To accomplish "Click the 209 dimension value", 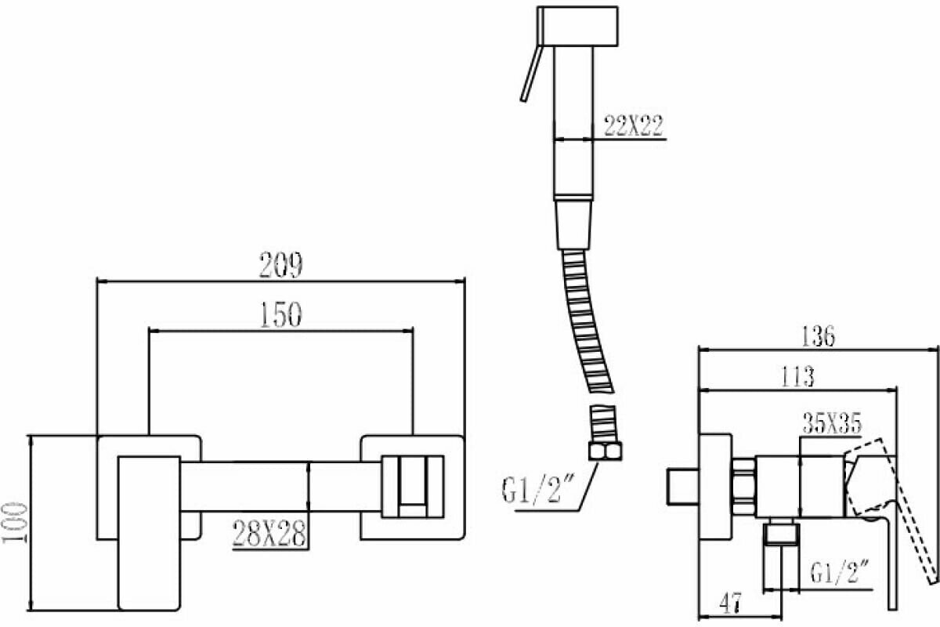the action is point(280,266).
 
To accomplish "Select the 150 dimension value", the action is point(280,316).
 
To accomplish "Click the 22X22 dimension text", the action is point(634,125).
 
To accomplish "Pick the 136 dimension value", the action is point(818,335).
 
